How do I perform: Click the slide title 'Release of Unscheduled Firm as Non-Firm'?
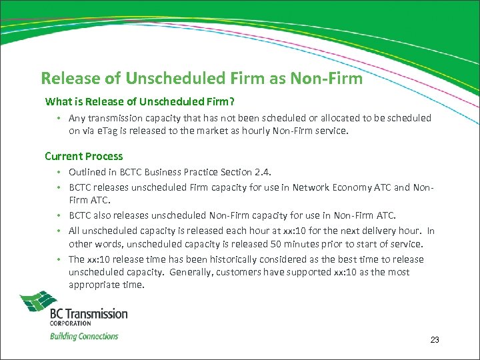point(201,79)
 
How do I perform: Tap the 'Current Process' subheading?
point(84,156)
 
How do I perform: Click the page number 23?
point(435,340)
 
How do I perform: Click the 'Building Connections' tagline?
point(84,336)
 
